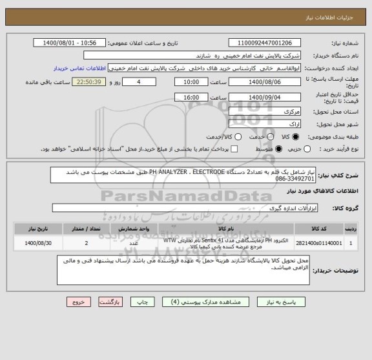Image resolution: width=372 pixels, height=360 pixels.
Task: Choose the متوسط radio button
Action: pyautogui.click(x=279, y=149)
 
